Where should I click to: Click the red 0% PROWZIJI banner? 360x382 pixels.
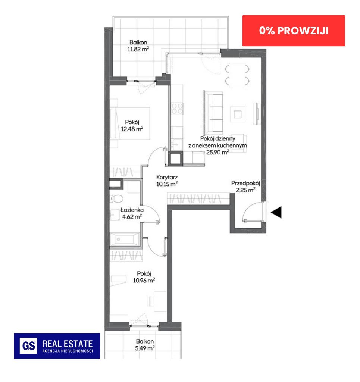click(x=294, y=31)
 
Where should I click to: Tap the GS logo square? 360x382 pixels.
click(x=28, y=346)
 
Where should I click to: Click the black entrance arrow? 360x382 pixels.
click(x=276, y=212)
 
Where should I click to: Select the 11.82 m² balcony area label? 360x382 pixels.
click(x=138, y=49)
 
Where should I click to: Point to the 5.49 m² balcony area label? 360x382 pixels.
click(x=145, y=348)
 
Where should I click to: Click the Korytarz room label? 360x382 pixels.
click(x=167, y=177)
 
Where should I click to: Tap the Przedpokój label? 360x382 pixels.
click(x=245, y=183)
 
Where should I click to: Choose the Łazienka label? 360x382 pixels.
click(x=132, y=210)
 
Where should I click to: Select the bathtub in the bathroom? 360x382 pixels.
click(x=125, y=239)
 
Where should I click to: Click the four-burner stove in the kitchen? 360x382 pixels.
click(x=177, y=109)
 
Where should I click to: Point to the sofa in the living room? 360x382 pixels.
click(x=213, y=112)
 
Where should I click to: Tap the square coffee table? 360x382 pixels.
click(x=238, y=114)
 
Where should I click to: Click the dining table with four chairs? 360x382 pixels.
click(x=237, y=75)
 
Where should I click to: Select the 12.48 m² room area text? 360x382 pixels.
click(x=132, y=129)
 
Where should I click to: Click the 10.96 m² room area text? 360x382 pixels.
click(x=144, y=281)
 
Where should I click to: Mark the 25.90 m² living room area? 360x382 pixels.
click(x=217, y=152)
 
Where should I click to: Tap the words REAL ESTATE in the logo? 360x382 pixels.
click(x=68, y=344)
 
